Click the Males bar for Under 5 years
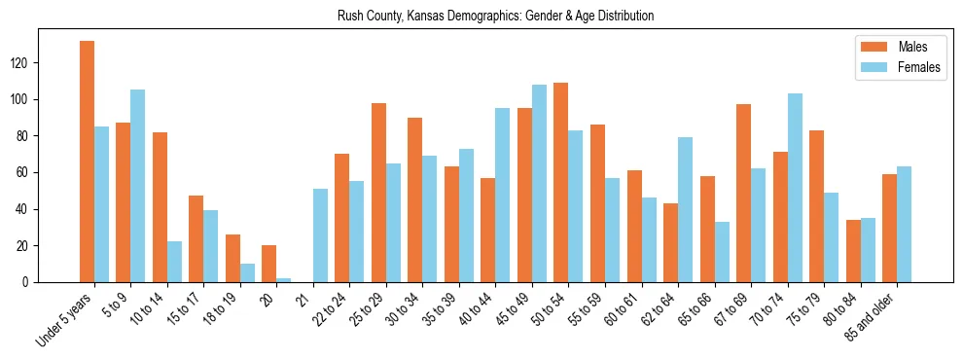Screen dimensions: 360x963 tap(87, 162)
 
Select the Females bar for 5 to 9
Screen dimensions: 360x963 tap(138, 186)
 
